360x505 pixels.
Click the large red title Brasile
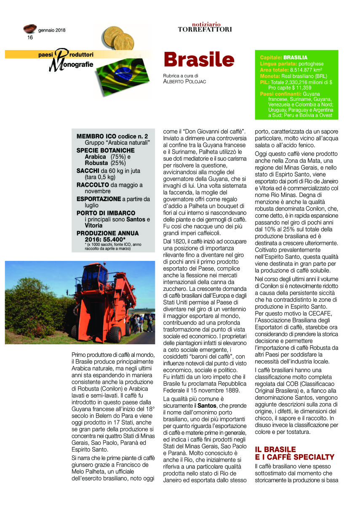(x=198, y=59)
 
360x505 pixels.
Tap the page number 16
(x=30, y=37)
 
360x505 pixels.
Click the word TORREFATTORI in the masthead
(x=205, y=29)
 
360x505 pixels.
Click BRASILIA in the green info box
(x=295, y=57)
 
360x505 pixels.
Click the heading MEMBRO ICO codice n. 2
(x=112, y=137)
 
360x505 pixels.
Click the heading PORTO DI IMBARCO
(x=106, y=213)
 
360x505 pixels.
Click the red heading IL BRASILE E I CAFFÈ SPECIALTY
(x=295, y=453)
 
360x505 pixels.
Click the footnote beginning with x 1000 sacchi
(x=110, y=247)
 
